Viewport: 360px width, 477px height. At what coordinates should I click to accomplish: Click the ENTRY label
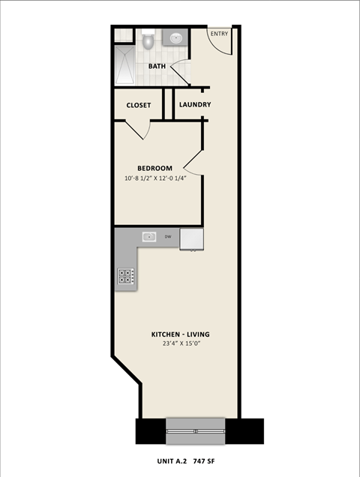pos(219,34)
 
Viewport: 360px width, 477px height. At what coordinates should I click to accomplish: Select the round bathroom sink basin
pos(177,37)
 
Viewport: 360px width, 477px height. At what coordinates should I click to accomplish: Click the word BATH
pos(157,66)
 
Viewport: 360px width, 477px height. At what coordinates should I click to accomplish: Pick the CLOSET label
pos(138,105)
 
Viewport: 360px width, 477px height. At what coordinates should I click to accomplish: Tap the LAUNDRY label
pos(195,105)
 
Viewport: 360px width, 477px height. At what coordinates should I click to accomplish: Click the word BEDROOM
pos(154,168)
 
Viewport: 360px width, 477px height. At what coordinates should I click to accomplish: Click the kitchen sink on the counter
pos(149,237)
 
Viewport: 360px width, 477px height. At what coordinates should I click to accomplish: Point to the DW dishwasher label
pos(168,237)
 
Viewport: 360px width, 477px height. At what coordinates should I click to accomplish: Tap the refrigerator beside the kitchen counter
pos(191,238)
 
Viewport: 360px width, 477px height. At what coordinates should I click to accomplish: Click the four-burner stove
pos(125,277)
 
